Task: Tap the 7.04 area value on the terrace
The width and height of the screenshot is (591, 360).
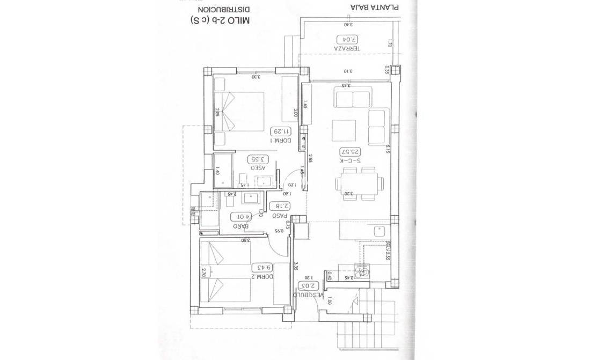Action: pos(346,39)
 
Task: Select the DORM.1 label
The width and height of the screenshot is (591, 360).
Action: pos(281,141)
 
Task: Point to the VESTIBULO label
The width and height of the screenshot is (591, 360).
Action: pos(312,295)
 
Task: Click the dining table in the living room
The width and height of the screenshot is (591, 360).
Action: pos(360,182)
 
